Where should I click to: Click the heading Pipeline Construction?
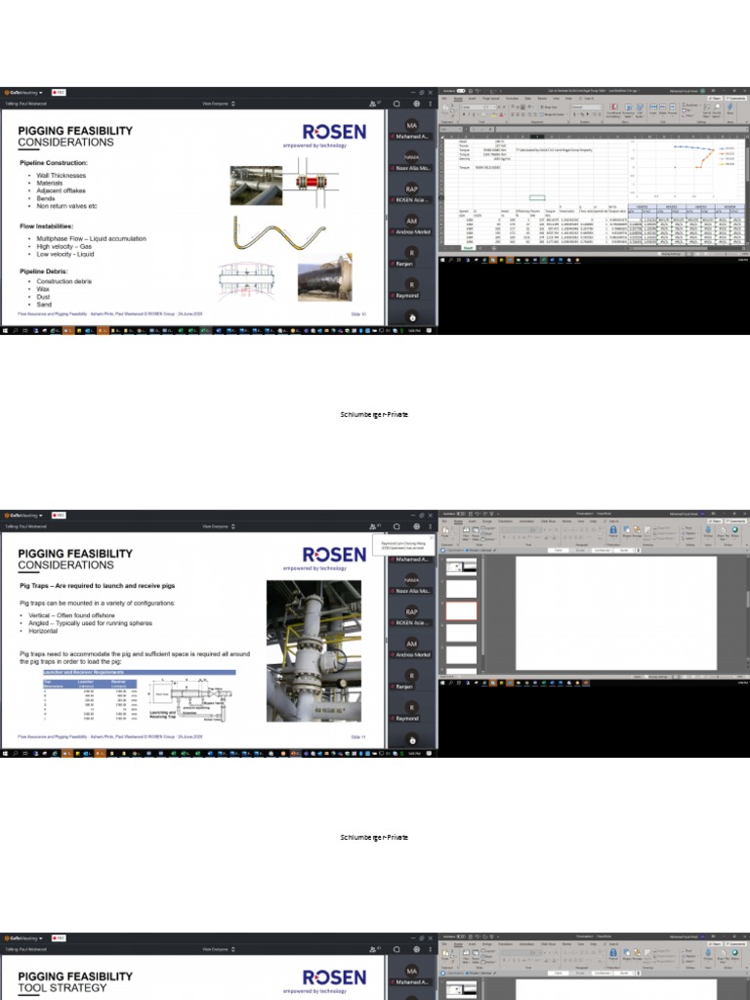click(x=54, y=162)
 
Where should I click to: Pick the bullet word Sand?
click(x=44, y=305)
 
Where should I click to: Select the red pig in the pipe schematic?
click(x=314, y=184)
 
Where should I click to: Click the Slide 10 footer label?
click(x=357, y=314)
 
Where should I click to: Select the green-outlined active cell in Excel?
click(x=537, y=197)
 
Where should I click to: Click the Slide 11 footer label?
click(x=357, y=736)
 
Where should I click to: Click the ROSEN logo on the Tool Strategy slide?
click(x=334, y=977)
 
